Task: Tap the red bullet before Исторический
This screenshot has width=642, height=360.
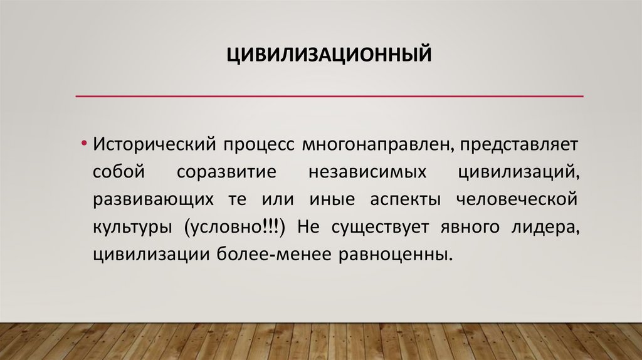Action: coord(83,144)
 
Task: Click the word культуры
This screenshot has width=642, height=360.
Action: coord(134,228)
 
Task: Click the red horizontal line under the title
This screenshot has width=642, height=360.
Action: coord(329,96)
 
